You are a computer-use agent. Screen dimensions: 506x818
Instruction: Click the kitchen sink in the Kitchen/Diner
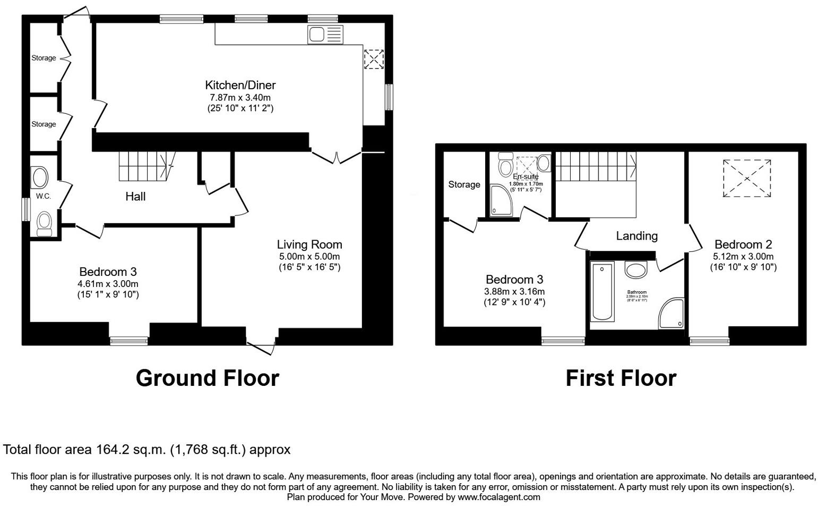pos(325,35)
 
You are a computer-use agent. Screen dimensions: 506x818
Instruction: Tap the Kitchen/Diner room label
pos(240,85)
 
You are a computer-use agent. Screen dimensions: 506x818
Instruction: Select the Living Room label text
pos(309,244)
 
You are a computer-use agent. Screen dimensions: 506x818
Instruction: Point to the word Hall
pos(135,197)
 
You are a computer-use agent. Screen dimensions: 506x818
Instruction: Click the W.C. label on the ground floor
pos(44,196)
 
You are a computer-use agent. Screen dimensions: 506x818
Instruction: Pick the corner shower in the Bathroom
pos(672,314)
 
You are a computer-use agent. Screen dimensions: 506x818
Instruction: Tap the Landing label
pos(636,236)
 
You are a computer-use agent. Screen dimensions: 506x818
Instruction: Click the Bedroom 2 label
pos(743,244)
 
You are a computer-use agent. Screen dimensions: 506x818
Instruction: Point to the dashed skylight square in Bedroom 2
pos(747,178)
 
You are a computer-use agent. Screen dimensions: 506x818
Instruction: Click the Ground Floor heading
pos(207,378)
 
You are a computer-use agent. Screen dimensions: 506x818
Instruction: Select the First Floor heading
pos(621,378)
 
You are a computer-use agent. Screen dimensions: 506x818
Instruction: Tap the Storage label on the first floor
pos(464,184)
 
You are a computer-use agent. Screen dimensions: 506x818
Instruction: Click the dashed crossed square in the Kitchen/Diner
pos(374,58)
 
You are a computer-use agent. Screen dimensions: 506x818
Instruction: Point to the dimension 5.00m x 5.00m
pos(309,256)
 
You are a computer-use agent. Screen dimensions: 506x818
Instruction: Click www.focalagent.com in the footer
pos(498,497)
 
